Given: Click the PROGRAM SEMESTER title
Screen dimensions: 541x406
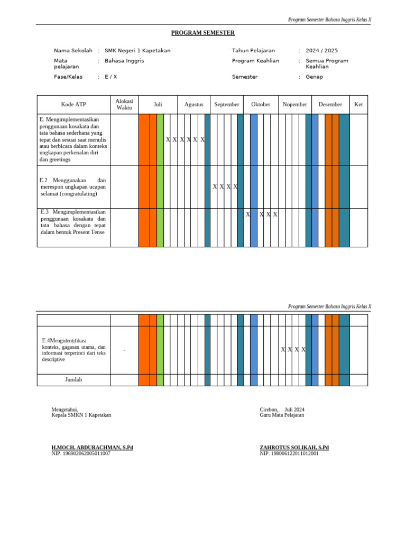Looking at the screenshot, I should click(x=203, y=33).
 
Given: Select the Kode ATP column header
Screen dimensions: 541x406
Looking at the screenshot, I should click(x=73, y=105).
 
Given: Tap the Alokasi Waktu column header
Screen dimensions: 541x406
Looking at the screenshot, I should click(x=124, y=105).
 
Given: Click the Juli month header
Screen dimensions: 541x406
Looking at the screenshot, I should click(x=158, y=105).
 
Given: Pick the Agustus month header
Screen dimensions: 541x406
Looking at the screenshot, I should click(x=193, y=105).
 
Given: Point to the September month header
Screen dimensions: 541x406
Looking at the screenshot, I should click(x=226, y=105).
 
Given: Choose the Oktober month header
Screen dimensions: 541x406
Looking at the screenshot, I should click(x=261, y=105).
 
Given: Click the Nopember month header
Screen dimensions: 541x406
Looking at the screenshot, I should click(x=294, y=105).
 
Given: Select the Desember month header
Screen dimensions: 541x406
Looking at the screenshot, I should click(x=330, y=105).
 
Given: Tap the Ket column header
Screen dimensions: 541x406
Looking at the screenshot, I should click(x=358, y=105).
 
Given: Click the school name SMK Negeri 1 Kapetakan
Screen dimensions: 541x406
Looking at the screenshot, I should click(x=137, y=51).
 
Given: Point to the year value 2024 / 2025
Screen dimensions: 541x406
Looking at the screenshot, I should click(x=321, y=51).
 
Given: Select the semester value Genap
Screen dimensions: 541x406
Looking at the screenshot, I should click(x=314, y=77).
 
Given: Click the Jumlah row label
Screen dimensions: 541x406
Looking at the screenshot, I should click(x=73, y=379).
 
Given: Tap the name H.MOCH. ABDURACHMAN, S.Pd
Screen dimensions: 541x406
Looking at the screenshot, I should click(x=92, y=447).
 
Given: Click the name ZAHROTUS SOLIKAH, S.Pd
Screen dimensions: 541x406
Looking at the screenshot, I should click(x=294, y=447).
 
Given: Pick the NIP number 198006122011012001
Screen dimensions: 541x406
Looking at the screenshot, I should click(x=289, y=453).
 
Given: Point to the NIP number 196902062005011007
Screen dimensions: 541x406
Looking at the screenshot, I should click(x=81, y=453).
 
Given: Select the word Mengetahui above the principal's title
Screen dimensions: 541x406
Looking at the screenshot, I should click(x=64, y=409).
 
